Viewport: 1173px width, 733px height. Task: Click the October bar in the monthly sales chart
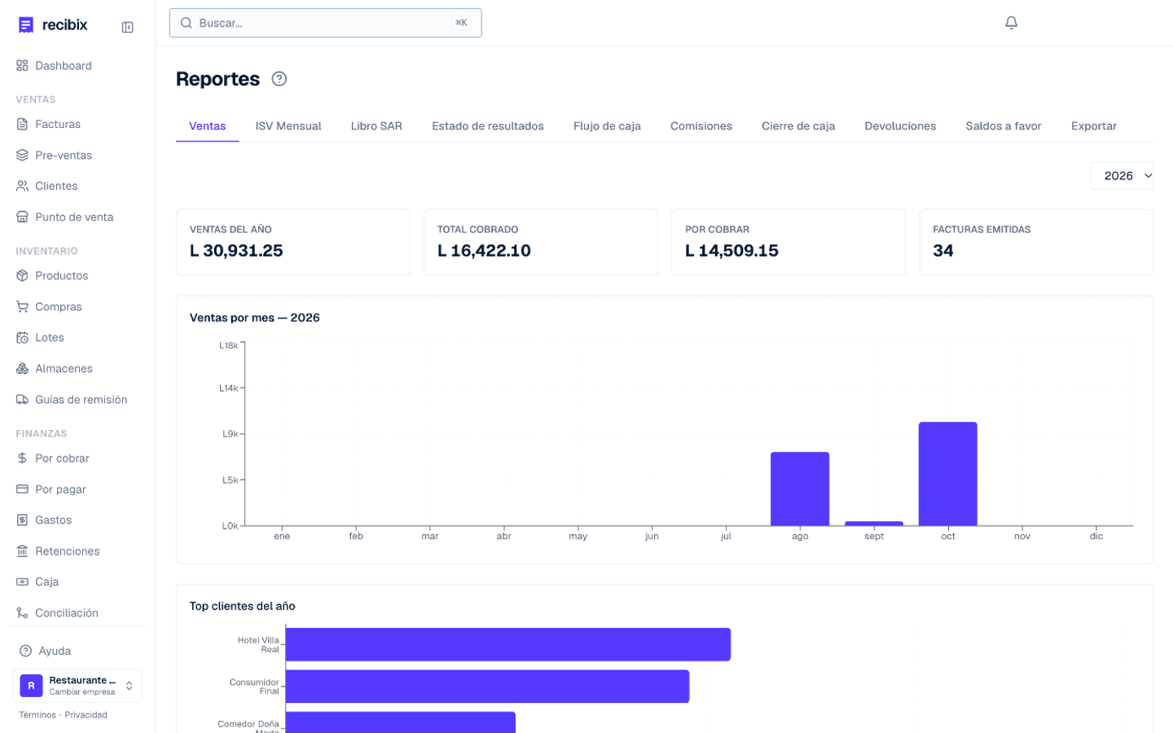point(947,473)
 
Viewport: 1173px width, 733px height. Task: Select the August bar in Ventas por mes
point(800,489)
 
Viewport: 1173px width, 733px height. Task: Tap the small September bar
point(873,523)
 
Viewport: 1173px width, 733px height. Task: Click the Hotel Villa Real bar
point(508,644)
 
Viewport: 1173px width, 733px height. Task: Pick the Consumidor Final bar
point(487,686)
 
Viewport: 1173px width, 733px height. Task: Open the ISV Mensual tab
point(288,126)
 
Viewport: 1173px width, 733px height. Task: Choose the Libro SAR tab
point(376,126)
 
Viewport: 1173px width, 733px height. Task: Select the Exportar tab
point(1093,126)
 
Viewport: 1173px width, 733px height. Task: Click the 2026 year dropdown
point(1122,176)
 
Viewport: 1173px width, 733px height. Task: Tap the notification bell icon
point(1011,23)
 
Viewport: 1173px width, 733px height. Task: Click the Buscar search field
point(325,23)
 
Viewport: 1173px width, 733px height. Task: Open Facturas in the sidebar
point(58,124)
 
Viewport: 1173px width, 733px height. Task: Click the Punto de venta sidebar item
point(74,217)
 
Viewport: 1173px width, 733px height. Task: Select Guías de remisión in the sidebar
point(81,399)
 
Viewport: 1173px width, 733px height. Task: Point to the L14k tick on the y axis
point(228,388)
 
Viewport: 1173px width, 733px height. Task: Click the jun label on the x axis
point(652,536)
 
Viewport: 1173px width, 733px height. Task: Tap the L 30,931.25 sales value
point(236,250)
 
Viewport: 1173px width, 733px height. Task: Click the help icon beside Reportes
point(279,79)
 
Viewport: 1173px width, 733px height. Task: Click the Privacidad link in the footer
point(86,715)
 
